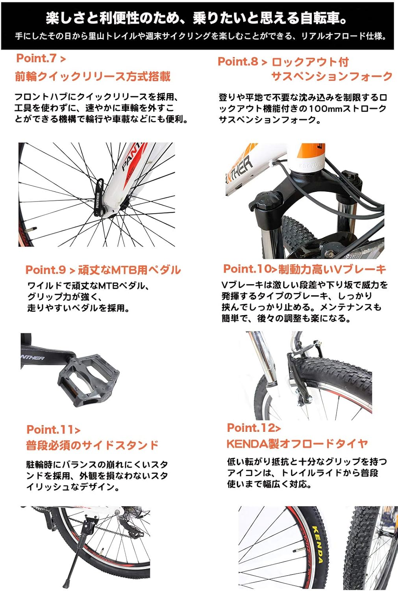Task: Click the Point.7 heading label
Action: [x=41, y=58]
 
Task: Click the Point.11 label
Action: [x=53, y=429]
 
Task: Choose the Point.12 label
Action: [x=254, y=428]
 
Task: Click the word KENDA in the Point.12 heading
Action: [x=247, y=444]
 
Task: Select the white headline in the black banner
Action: [x=196, y=18]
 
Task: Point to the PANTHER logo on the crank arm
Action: [x=33, y=358]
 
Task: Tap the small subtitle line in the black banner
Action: [x=200, y=36]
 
